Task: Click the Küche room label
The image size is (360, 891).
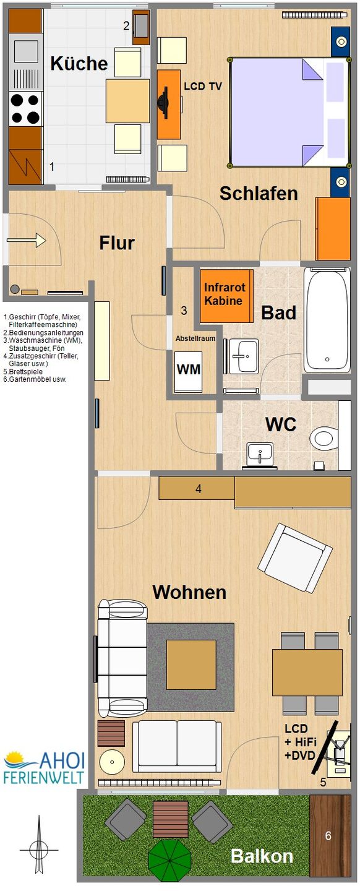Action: point(79,63)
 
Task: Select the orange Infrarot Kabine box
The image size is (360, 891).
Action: point(225,295)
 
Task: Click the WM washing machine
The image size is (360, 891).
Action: point(189,370)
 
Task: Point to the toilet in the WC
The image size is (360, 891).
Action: point(324,438)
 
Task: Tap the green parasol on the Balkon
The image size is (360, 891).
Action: point(169,860)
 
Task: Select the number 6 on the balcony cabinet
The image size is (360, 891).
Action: point(328,836)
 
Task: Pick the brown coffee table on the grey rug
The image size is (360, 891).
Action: point(191,665)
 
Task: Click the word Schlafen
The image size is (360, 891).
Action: point(259,194)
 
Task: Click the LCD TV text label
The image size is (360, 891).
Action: point(202,87)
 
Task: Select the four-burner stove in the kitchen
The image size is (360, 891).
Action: point(25,108)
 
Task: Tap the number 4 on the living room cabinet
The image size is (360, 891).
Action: point(199,489)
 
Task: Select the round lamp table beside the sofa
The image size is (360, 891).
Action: point(112,762)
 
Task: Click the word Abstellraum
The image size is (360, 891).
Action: point(195,338)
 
